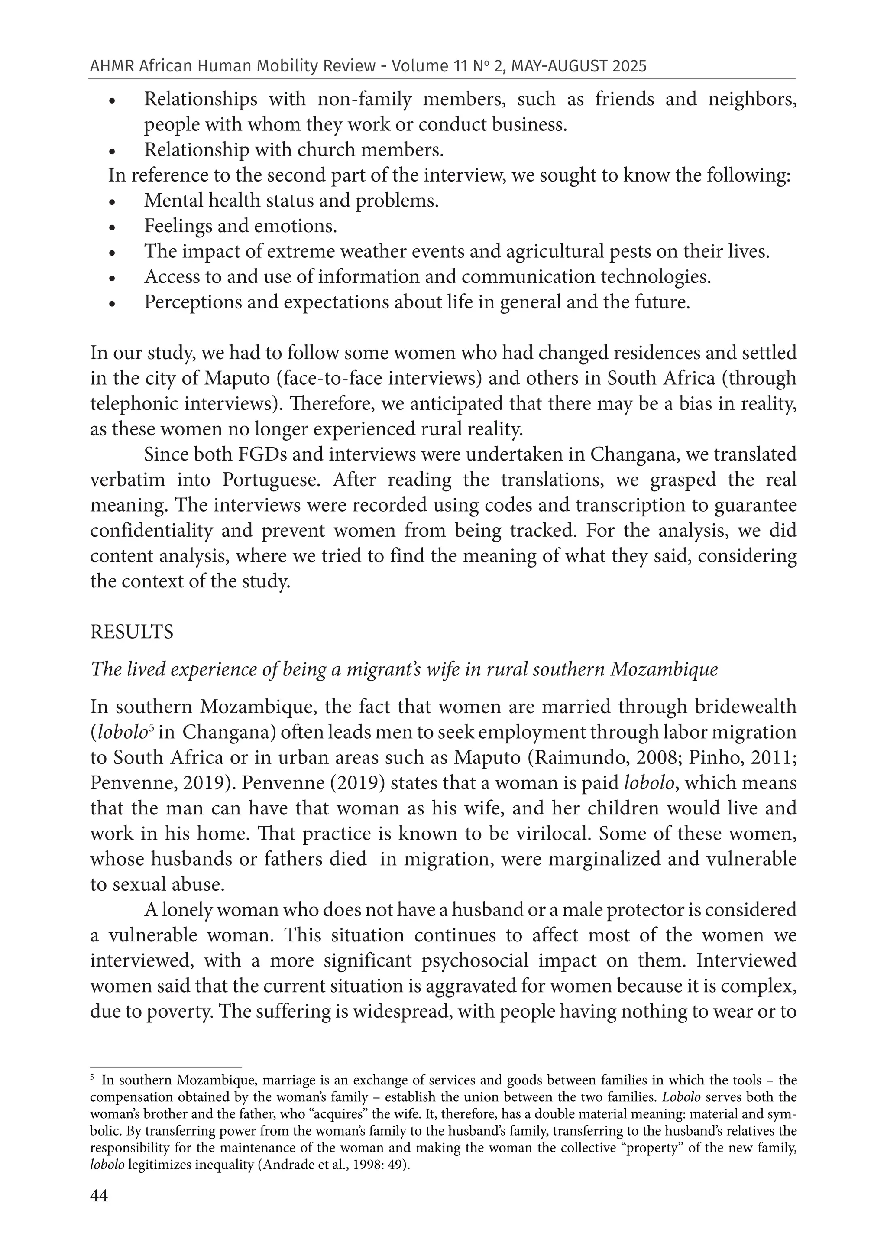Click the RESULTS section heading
tap(132, 632)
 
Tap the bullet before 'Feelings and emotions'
tap(112, 227)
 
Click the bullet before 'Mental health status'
tap(112, 202)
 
